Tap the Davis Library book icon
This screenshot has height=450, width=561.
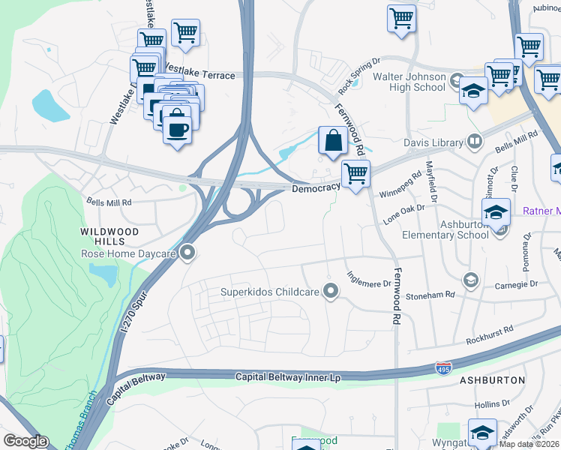pyautogui.click(x=474, y=140)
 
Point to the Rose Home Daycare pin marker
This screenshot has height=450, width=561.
pyautogui.click(x=188, y=253)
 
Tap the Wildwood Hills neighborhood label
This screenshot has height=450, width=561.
pyautogui.click(x=112, y=237)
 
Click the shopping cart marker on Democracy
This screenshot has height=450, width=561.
pyautogui.click(x=355, y=174)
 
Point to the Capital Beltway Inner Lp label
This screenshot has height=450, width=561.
pyautogui.click(x=288, y=377)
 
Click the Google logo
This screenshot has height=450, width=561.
pyautogui.click(x=25, y=441)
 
